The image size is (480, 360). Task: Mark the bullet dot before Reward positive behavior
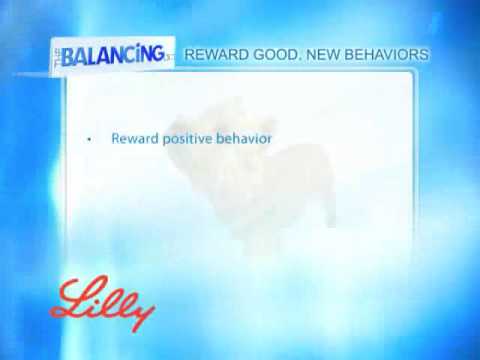[x=89, y=139]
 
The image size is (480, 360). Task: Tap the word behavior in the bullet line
[x=246, y=138]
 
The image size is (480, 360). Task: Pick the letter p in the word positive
[x=166, y=140]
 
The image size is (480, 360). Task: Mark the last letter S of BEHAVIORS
[x=426, y=52]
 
